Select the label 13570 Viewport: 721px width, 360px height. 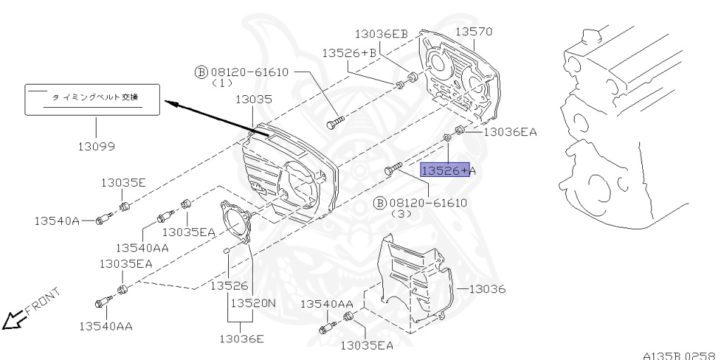pyautogui.click(x=474, y=32)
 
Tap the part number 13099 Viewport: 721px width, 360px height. pyautogui.click(x=96, y=147)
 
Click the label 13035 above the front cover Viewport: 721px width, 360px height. pyautogui.click(x=253, y=99)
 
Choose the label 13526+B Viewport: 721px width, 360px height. pyautogui.click(x=349, y=53)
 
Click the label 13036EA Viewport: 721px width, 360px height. pyautogui.click(x=510, y=132)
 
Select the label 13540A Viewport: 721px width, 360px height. pyautogui.click(x=56, y=221)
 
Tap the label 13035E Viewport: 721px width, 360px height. pyautogui.click(x=123, y=182)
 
